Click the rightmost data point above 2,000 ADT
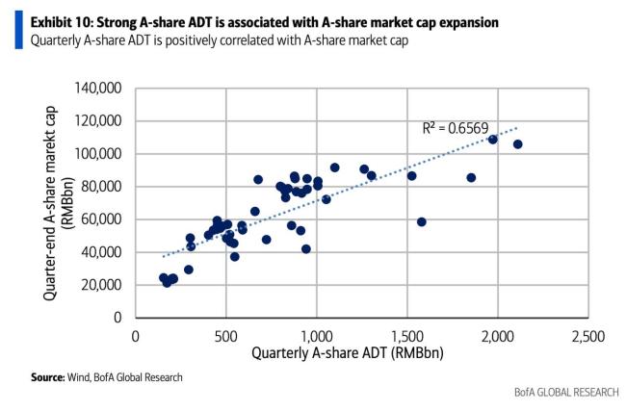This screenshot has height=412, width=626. tap(517, 144)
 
